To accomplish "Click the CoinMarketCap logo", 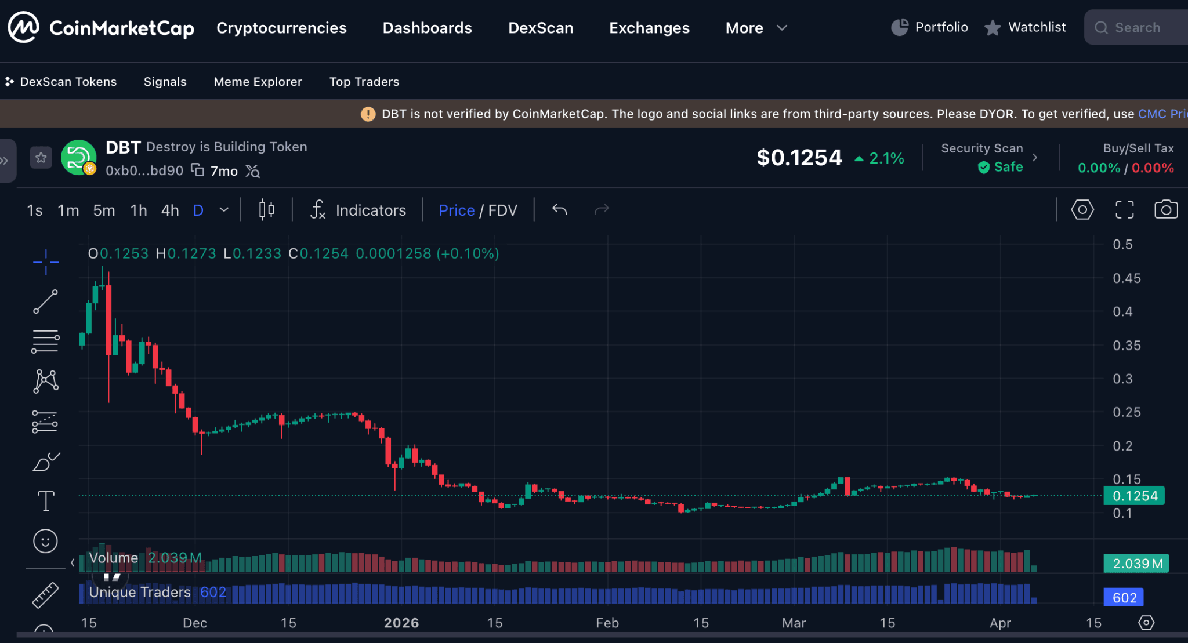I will pos(100,27).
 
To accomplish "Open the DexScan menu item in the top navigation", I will pos(540,28).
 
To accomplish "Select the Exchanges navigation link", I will pos(649,28).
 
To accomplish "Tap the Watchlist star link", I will pos(1025,27).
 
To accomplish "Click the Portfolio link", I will pos(929,27).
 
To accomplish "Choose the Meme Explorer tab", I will pos(258,82).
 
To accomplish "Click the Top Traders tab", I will pos(364,82).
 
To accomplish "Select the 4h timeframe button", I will pos(169,210).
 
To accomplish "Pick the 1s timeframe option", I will pos(34,210).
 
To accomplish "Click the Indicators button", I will pos(358,210).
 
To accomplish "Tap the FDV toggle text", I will pos(502,210).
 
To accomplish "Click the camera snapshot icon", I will pos(1165,209).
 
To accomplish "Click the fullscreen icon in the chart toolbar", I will pos(1124,209).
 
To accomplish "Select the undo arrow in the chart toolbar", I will pos(559,209).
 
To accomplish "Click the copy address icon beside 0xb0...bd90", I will pos(198,170).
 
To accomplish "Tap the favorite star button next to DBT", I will pos(41,157).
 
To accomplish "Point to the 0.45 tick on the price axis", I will pos(1126,278).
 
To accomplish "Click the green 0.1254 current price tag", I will pos(1134,496).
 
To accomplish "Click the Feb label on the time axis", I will pos(607,623).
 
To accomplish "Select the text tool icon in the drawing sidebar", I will pos(45,501).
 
